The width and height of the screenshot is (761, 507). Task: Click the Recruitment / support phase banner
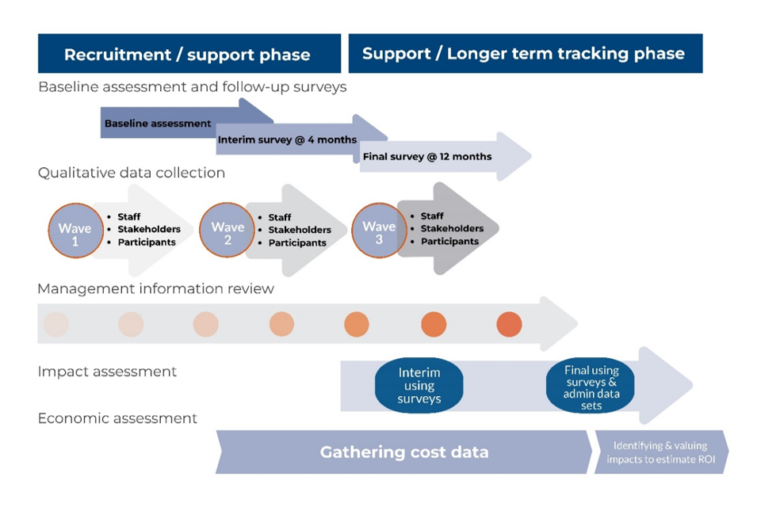coord(188,55)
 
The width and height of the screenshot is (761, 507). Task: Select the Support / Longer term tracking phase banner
coord(523,54)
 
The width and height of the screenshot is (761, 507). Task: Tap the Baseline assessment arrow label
coord(158,124)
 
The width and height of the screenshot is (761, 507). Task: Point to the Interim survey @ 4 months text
coord(287,140)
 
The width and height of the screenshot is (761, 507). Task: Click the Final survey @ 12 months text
coord(427,157)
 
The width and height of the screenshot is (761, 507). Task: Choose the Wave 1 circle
coord(75,231)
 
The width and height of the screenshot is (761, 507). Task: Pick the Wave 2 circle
coord(228,231)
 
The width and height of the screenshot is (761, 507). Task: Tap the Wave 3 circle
coord(379,231)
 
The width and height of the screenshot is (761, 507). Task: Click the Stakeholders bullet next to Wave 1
coord(149,230)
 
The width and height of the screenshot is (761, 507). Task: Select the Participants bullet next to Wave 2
coord(297,242)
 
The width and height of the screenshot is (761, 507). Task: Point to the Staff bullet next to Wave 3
coord(432,216)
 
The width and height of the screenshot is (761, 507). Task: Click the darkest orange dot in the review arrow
coord(509,324)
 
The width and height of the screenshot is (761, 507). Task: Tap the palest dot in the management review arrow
coord(56,324)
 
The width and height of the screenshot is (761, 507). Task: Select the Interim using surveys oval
coord(419,386)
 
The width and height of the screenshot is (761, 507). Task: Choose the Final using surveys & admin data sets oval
coord(591,387)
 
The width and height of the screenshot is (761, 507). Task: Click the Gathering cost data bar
coord(404,452)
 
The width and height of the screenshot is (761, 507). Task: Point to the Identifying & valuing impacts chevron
coord(660,452)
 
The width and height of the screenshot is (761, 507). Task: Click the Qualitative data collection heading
coord(132,173)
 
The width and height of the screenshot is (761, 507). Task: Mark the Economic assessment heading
coord(117,418)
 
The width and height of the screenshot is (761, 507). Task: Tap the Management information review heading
coord(155,288)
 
